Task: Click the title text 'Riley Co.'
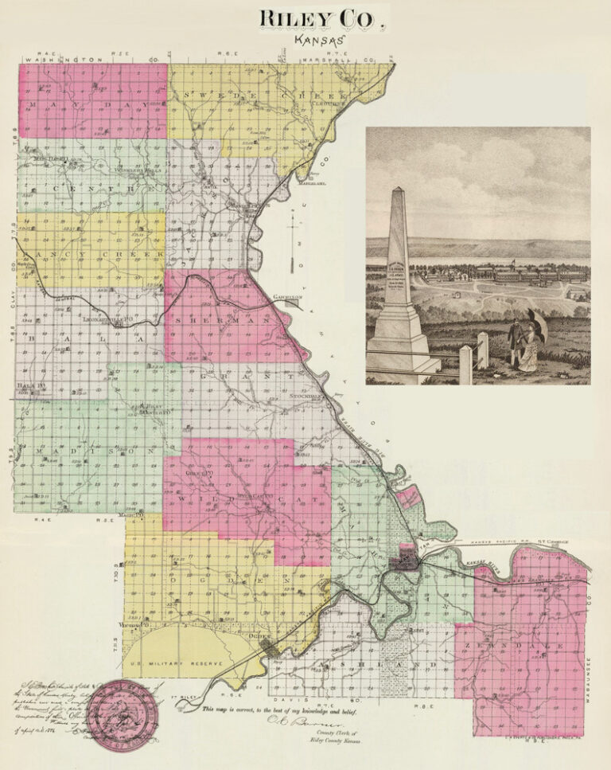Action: tap(321, 18)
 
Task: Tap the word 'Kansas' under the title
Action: tap(318, 38)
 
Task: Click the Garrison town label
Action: tap(288, 297)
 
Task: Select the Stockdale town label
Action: tap(303, 395)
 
